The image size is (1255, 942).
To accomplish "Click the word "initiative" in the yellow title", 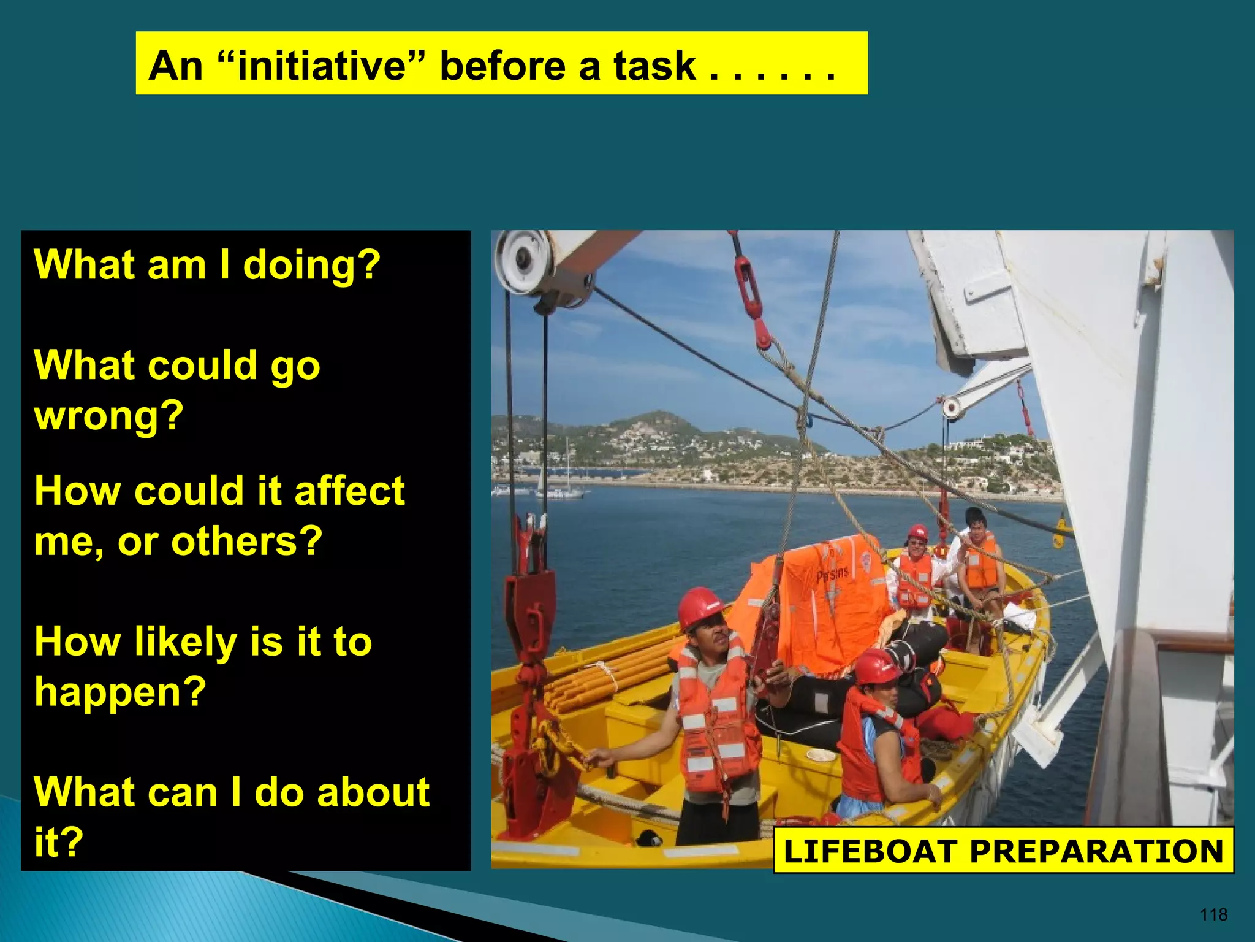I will (x=322, y=66).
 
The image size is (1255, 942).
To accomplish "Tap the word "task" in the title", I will (x=654, y=66).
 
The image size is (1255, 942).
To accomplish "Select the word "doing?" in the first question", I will (x=312, y=265).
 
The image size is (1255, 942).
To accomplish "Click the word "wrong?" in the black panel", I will (x=109, y=416).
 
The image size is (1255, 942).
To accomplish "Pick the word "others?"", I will (x=246, y=542).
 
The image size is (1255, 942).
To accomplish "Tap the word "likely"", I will (x=185, y=641).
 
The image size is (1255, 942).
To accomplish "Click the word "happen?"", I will (x=120, y=692).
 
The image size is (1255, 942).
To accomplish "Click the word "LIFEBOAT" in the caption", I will (x=870, y=851).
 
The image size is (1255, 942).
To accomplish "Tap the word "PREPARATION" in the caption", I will (x=1096, y=851).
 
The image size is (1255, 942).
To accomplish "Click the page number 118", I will (x=1213, y=915).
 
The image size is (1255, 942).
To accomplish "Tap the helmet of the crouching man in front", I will (x=876, y=665).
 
